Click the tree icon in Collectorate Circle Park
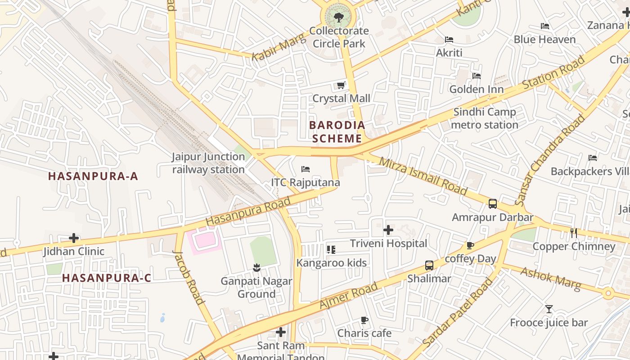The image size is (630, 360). coord(338,18)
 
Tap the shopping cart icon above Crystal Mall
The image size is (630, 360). coord(341,85)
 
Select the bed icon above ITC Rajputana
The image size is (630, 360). coord(306,169)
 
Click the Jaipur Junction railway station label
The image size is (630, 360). coord(208,163)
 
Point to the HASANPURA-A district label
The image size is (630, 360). coord(93,176)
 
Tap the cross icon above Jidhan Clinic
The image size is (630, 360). coord(74,238)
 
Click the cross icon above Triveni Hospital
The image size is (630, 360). coord(388,230)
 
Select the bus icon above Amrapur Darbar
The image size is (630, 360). coord(493,204)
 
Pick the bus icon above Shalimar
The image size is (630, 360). coord(429,265)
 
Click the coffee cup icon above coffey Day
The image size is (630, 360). coord(470,246)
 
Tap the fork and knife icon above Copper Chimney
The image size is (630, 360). coord(574,233)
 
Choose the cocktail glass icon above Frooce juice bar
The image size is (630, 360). coord(549,309)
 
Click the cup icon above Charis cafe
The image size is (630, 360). coord(364,320)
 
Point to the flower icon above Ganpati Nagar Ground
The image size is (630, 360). coord(256,268)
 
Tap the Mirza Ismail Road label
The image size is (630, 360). coord(423,176)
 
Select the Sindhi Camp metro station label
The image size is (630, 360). coord(485,118)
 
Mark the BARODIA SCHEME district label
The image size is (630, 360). coord(337,131)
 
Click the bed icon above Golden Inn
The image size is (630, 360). coord(477,76)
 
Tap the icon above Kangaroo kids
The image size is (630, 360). coord(331,249)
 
